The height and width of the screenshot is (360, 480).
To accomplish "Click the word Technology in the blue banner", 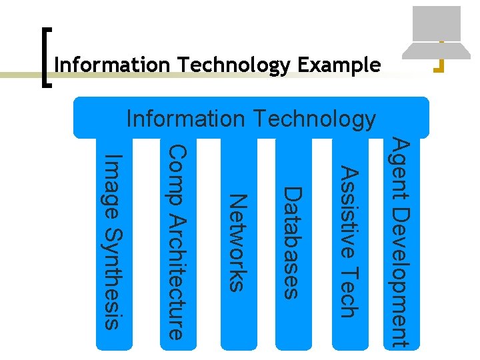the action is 313,119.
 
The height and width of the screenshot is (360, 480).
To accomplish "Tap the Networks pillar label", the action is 238,242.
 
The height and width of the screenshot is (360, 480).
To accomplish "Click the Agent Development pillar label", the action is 399,241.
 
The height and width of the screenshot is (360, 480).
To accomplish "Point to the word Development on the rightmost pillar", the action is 399,277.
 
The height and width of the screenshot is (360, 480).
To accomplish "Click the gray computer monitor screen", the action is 437,23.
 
